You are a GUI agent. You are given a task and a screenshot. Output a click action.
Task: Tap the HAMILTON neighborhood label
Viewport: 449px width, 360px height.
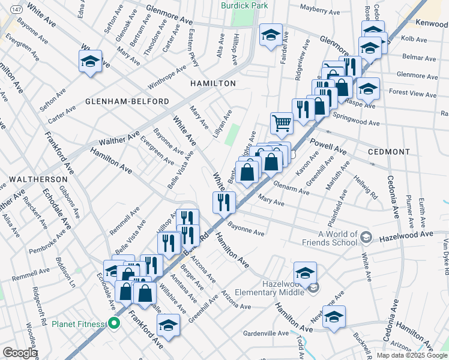point(212,83)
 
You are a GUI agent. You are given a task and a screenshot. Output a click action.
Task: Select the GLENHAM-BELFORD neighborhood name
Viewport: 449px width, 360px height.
point(127,101)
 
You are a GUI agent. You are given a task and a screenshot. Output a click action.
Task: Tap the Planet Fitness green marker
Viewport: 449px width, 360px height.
point(114,324)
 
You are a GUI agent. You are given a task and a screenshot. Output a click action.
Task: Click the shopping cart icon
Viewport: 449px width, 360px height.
point(282,124)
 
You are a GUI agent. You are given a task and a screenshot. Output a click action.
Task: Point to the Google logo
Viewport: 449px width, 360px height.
point(20,353)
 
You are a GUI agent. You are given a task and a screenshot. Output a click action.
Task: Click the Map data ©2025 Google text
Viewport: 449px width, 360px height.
point(412,355)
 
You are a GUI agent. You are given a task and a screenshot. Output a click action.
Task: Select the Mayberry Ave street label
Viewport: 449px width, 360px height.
point(319,11)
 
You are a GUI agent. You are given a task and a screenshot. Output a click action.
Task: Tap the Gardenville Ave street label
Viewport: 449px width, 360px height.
point(266,333)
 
